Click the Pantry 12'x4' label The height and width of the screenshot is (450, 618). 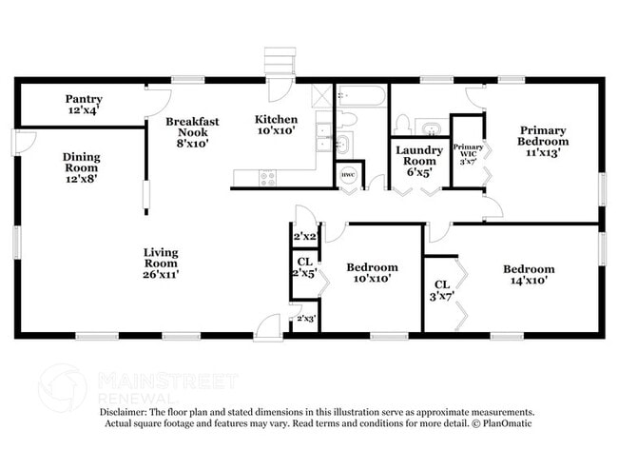pos(84,105)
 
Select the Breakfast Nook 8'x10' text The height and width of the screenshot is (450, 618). pos(192,132)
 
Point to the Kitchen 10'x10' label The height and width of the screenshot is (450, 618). pos(276,126)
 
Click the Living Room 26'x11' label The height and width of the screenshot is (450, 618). pos(161,264)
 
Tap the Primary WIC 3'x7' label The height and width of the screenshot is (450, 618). pos(468,154)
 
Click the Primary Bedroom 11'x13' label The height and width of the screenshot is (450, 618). pos(543,142)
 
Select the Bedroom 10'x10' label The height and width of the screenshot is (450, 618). pos(371,274)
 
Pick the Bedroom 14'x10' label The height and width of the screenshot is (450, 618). pos(529,276)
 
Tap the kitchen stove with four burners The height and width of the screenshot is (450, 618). pos(268,176)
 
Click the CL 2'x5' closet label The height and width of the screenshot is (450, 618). pos(304,267)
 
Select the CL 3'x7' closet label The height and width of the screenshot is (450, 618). pos(441,290)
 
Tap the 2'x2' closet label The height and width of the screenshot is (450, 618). pos(304,236)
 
